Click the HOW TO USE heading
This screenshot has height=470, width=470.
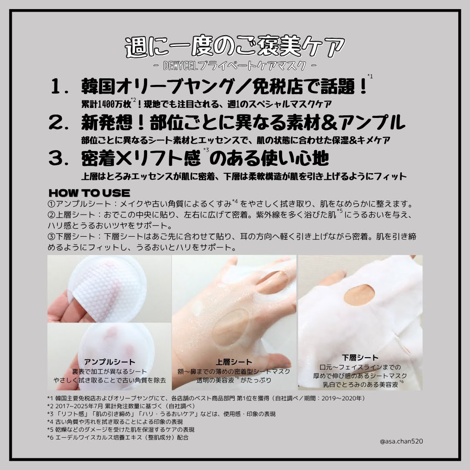[x=89, y=193]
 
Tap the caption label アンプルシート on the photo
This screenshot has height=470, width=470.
[x=109, y=362]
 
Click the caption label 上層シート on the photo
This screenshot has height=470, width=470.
[x=234, y=362]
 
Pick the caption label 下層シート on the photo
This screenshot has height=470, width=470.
[x=360, y=358]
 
